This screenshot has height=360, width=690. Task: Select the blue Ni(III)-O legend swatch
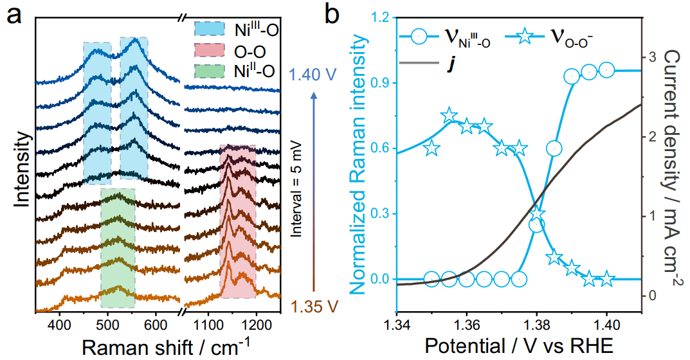[x=210, y=29]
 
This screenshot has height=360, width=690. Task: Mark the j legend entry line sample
[x=417, y=63]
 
